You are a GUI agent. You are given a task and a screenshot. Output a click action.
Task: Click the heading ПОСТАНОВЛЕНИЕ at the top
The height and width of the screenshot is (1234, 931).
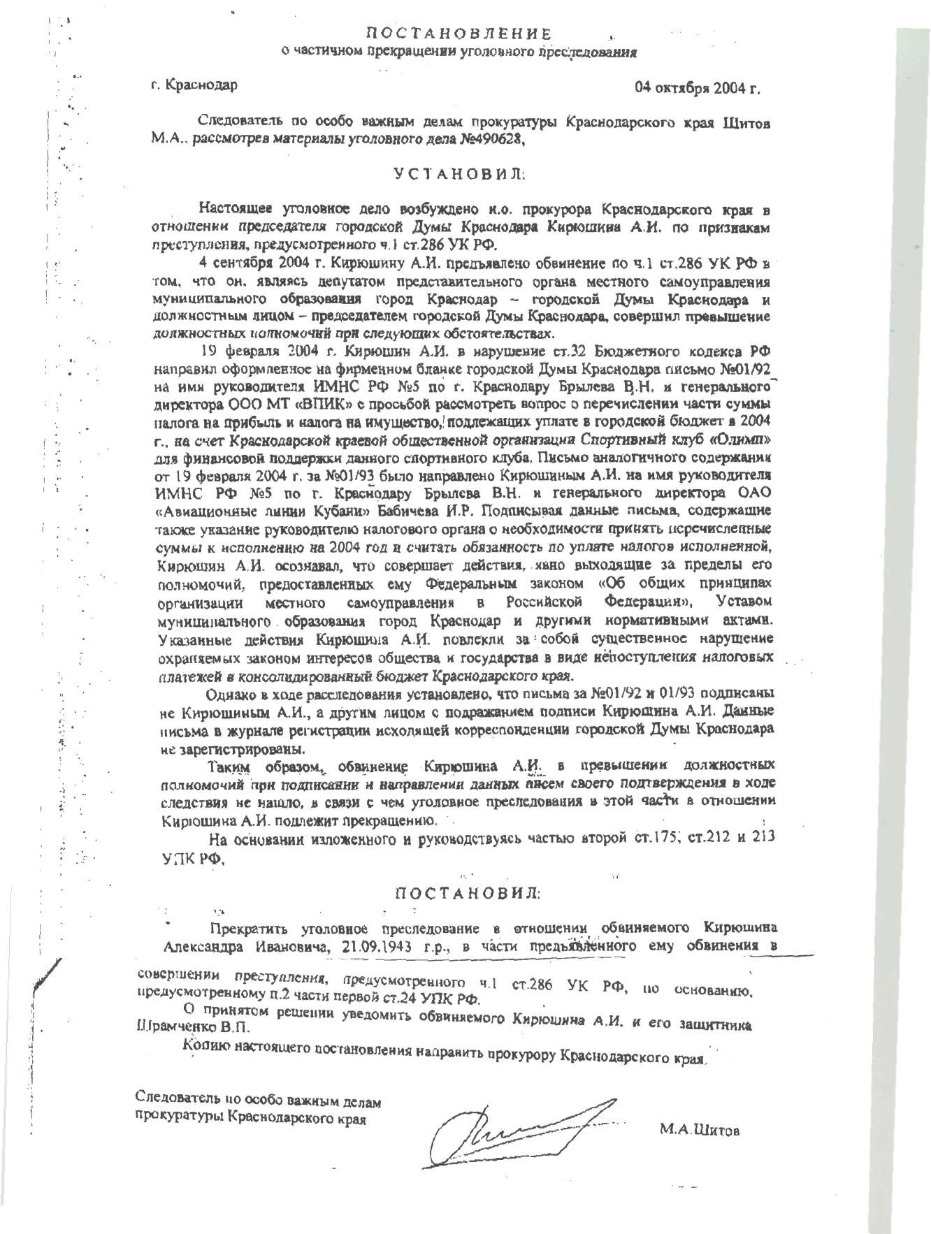point(459,34)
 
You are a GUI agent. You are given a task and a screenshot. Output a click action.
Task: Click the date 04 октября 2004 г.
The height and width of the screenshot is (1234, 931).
point(697,88)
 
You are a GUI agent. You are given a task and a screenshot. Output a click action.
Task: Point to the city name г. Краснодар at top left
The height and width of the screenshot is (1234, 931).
point(194,85)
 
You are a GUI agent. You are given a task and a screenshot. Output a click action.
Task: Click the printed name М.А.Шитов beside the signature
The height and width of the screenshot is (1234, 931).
point(699,1130)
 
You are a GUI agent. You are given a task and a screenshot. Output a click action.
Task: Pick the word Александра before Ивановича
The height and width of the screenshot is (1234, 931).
point(204,947)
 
